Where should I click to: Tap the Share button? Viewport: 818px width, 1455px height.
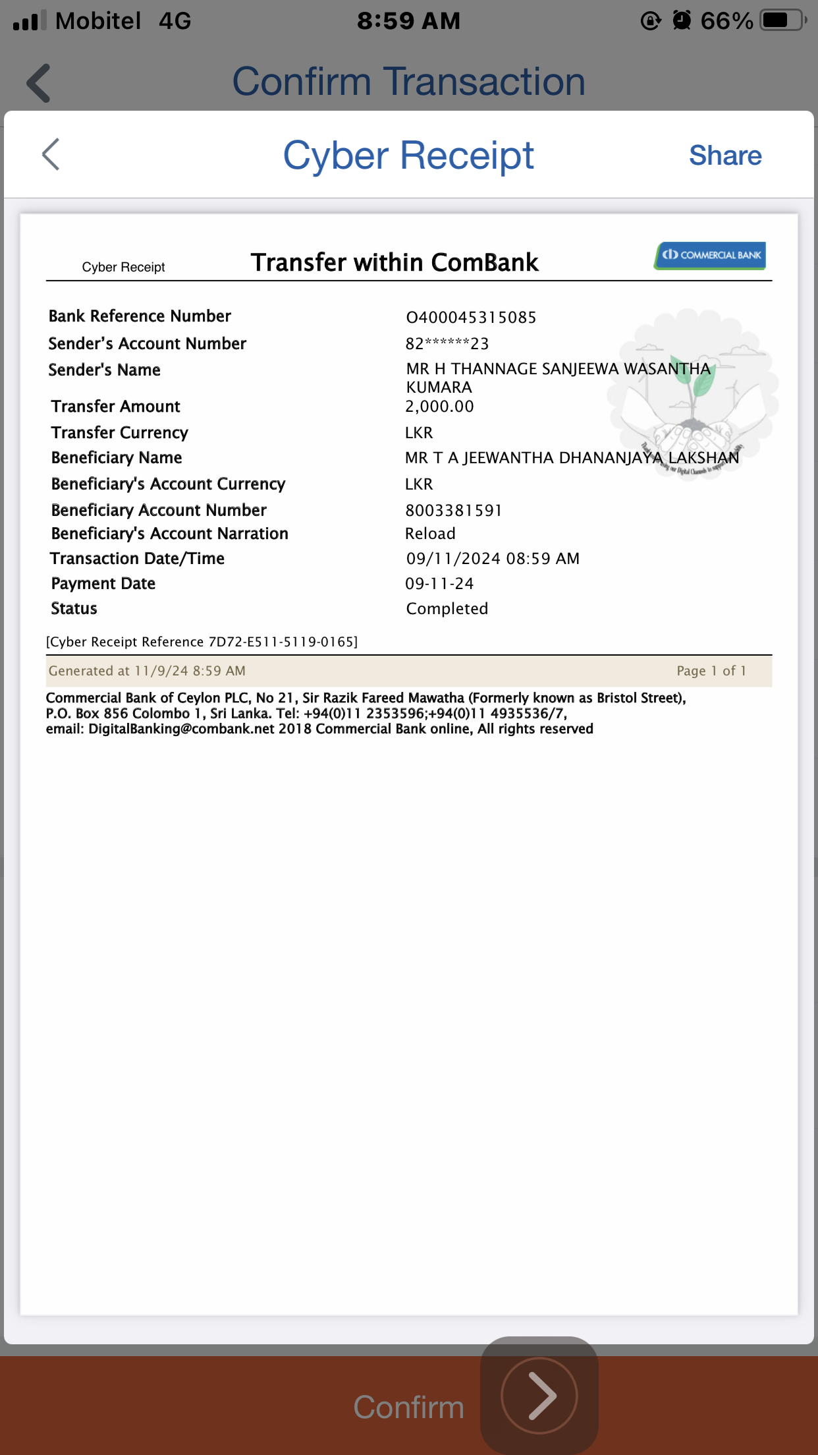point(725,156)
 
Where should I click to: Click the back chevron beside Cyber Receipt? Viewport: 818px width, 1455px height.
point(51,155)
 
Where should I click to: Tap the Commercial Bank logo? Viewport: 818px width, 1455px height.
point(710,256)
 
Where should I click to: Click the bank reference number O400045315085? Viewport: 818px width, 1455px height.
point(471,318)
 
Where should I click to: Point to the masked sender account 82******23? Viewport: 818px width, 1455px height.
point(447,343)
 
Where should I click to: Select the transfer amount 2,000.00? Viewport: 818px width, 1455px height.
point(439,407)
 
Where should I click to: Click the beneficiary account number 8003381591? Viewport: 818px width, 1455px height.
point(453,511)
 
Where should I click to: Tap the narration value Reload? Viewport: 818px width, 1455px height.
point(430,534)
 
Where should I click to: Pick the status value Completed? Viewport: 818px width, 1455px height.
point(447,609)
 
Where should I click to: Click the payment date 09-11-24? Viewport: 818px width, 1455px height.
point(439,584)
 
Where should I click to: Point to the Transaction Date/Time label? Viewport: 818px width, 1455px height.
point(137,559)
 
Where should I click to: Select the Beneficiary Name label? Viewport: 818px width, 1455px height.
point(117,458)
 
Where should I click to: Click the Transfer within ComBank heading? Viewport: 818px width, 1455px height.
point(395,262)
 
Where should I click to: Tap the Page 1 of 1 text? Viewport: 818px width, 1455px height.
point(711,671)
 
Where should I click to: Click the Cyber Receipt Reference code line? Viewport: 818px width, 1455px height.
point(202,642)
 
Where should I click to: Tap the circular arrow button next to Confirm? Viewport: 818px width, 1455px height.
point(539,1396)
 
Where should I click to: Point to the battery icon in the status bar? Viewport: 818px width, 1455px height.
point(782,20)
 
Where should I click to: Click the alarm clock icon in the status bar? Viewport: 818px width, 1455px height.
point(682,20)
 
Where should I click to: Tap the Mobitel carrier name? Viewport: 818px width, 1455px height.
point(98,21)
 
